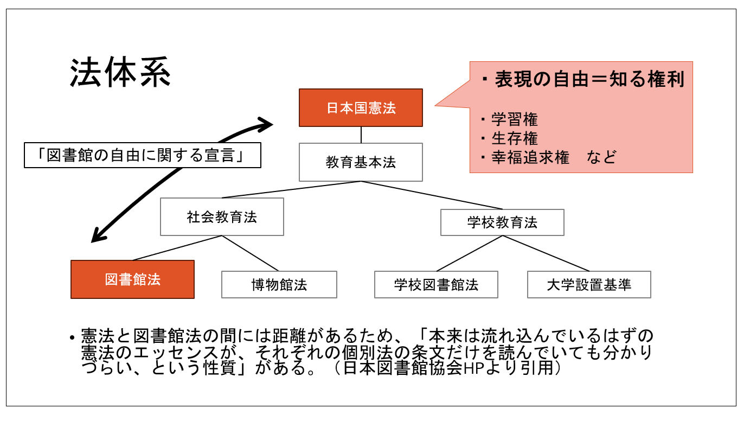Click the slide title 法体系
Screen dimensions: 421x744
[x=120, y=73]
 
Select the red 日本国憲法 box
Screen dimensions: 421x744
[x=361, y=107]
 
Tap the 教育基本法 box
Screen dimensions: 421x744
[x=361, y=162]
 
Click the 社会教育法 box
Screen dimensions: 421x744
[x=222, y=217]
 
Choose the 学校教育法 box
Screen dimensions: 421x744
[x=502, y=222]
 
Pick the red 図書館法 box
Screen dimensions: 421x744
[x=132, y=279]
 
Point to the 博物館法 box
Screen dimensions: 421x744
[x=279, y=284]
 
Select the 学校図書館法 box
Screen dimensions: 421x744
[x=436, y=284]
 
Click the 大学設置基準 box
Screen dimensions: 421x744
[x=589, y=284]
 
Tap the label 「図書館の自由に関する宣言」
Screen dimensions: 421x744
[x=143, y=155]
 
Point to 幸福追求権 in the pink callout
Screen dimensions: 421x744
[x=530, y=157]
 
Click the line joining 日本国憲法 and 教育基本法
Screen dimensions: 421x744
[x=361, y=135]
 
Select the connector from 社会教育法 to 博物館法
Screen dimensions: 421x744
[x=250, y=253]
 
